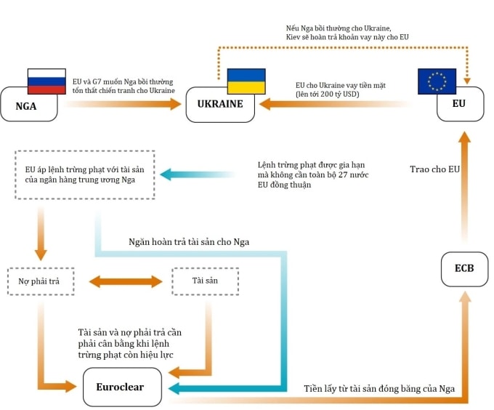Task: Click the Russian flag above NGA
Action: click(x=46, y=81)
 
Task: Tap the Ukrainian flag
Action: click(x=246, y=81)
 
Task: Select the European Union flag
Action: click(x=437, y=81)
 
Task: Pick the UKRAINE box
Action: click(x=219, y=105)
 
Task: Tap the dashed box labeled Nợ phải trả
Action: click(x=40, y=281)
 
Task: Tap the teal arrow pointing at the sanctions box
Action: click(x=196, y=174)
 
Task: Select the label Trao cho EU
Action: click(x=434, y=169)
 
